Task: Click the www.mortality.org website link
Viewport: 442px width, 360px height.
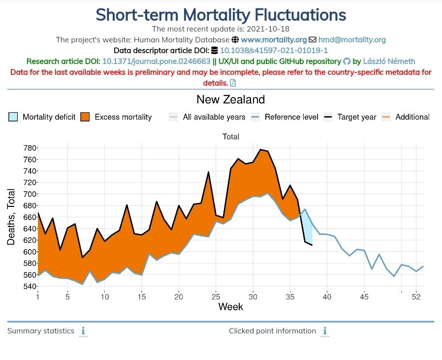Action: pyautogui.click(x=274, y=40)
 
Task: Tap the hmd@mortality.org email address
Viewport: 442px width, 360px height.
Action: pyautogui.click(x=352, y=40)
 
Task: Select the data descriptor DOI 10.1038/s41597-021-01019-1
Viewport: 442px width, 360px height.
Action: pyautogui.click(x=274, y=51)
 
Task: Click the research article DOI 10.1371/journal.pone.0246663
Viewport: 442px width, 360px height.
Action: pyautogui.click(x=157, y=61)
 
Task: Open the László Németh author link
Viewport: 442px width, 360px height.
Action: pyautogui.click(x=389, y=61)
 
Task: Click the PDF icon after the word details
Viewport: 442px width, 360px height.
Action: pyautogui.click(x=233, y=83)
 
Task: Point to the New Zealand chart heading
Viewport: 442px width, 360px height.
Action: pyautogui.click(x=230, y=99)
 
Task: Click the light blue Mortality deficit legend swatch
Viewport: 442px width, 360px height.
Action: pyautogui.click(x=13, y=117)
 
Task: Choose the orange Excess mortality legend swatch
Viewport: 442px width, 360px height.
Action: pyautogui.click(x=85, y=117)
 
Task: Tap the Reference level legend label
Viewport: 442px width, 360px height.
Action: pyautogui.click(x=291, y=117)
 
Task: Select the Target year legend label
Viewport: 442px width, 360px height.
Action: pyautogui.click(x=357, y=117)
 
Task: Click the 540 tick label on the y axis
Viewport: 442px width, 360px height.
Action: pyautogui.click(x=31, y=286)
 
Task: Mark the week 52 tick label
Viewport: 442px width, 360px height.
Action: pyautogui.click(x=416, y=297)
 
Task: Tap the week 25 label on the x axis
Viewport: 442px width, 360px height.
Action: pyautogui.click(x=216, y=297)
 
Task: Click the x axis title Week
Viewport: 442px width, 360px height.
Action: pyautogui.click(x=230, y=307)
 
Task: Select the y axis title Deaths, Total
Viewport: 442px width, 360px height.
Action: pyautogui.click(x=11, y=217)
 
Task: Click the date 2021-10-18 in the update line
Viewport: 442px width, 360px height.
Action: pyautogui.click(x=268, y=29)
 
